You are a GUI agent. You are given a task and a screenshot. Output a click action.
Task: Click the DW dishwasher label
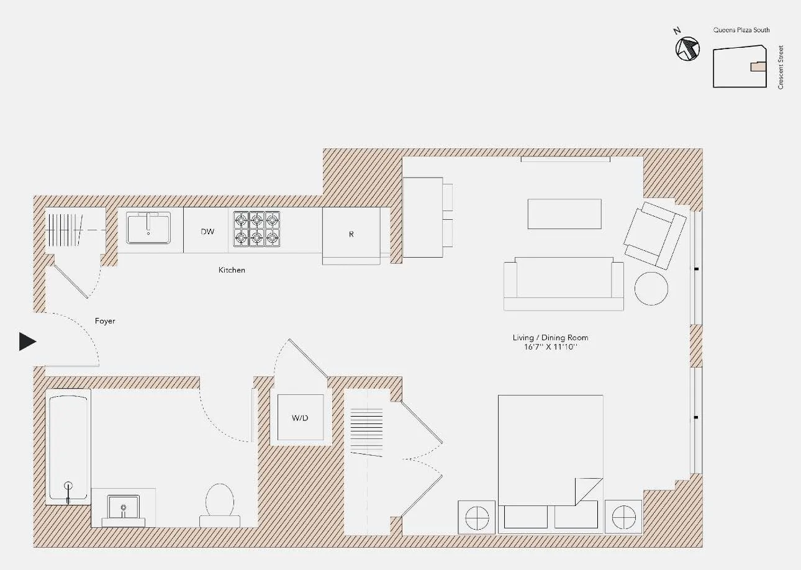click(207, 232)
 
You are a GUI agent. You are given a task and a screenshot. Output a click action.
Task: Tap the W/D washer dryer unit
click(300, 418)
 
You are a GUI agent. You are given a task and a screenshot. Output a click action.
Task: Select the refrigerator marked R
click(351, 235)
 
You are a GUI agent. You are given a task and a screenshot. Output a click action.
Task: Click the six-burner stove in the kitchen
click(256, 229)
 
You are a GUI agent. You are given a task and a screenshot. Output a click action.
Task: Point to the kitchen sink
click(148, 228)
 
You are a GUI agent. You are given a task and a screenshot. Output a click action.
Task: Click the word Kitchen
click(232, 270)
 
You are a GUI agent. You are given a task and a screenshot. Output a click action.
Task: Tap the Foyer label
click(105, 321)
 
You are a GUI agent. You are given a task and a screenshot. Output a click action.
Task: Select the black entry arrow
click(27, 342)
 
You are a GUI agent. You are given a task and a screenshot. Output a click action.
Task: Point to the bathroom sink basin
click(124, 507)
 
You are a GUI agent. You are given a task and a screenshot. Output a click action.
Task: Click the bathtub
click(68, 446)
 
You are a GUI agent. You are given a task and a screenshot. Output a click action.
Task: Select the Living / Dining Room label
click(550, 338)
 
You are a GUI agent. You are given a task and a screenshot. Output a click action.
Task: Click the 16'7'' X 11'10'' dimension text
click(550, 347)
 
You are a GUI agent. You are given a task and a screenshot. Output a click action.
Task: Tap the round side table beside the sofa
click(651, 288)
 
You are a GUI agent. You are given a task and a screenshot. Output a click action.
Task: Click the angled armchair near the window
click(654, 235)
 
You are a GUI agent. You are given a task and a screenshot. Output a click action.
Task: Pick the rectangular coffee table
click(564, 214)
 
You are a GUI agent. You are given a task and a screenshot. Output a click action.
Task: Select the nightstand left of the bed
click(477, 517)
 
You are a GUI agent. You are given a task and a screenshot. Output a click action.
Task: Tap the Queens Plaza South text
click(741, 30)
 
